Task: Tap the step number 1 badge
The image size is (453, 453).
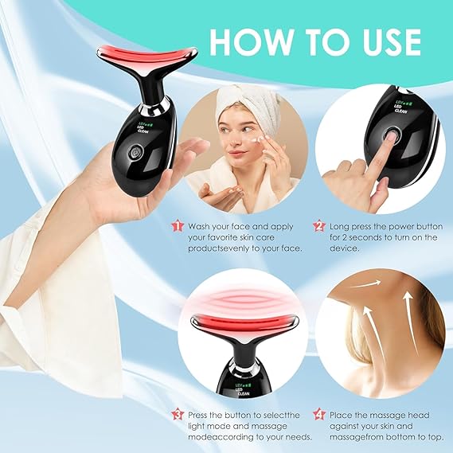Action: coord(178,226)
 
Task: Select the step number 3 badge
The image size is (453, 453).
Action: coord(178,414)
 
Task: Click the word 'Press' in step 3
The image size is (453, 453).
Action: coord(202,414)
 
